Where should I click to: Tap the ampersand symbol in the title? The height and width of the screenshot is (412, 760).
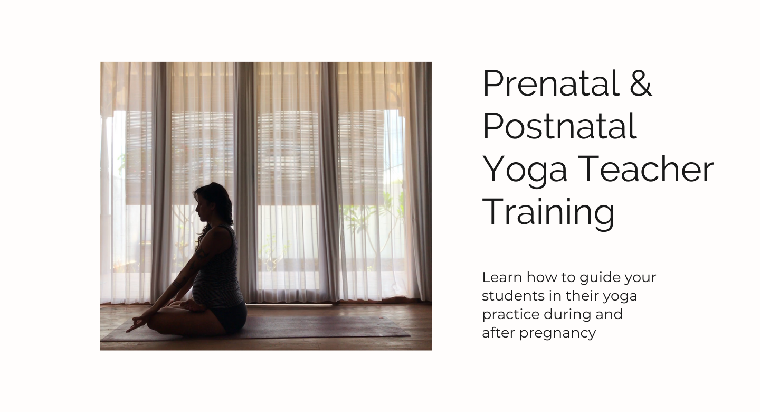pos(641,83)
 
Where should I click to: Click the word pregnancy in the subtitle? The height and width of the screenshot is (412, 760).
pos(557,333)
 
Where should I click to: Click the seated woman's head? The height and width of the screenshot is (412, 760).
pos(213,204)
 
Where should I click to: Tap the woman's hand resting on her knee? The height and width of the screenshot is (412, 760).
pos(137,324)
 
